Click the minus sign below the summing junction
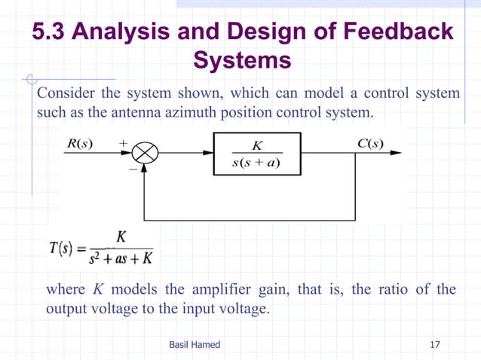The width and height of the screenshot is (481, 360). pyautogui.click(x=133, y=171)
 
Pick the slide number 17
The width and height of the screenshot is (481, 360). pyautogui.click(x=434, y=344)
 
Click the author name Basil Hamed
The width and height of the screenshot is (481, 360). pyautogui.click(x=195, y=344)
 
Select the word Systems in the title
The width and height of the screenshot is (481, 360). pyautogui.click(x=241, y=60)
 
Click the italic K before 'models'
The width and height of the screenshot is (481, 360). pyautogui.click(x=97, y=290)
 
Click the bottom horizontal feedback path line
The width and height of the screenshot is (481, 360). pyautogui.click(x=249, y=220)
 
